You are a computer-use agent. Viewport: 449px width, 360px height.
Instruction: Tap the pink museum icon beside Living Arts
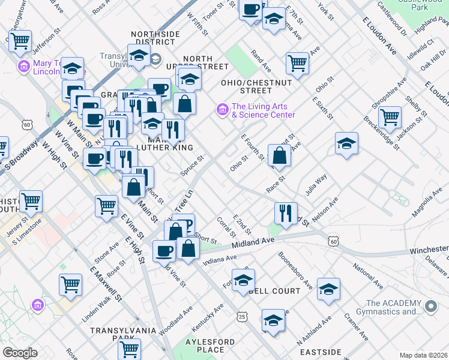click(222, 109)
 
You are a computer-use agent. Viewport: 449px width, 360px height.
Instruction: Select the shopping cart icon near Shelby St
click(390, 116)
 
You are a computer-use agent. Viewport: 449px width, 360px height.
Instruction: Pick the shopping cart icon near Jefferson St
click(20, 41)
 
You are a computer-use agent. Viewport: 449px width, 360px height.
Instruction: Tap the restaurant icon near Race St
click(286, 212)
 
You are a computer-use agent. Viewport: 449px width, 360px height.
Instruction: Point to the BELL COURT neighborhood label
click(274, 291)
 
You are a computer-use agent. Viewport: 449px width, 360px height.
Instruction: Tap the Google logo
click(20, 353)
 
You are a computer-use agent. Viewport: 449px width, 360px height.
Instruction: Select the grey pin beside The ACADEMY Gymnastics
click(430, 307)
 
